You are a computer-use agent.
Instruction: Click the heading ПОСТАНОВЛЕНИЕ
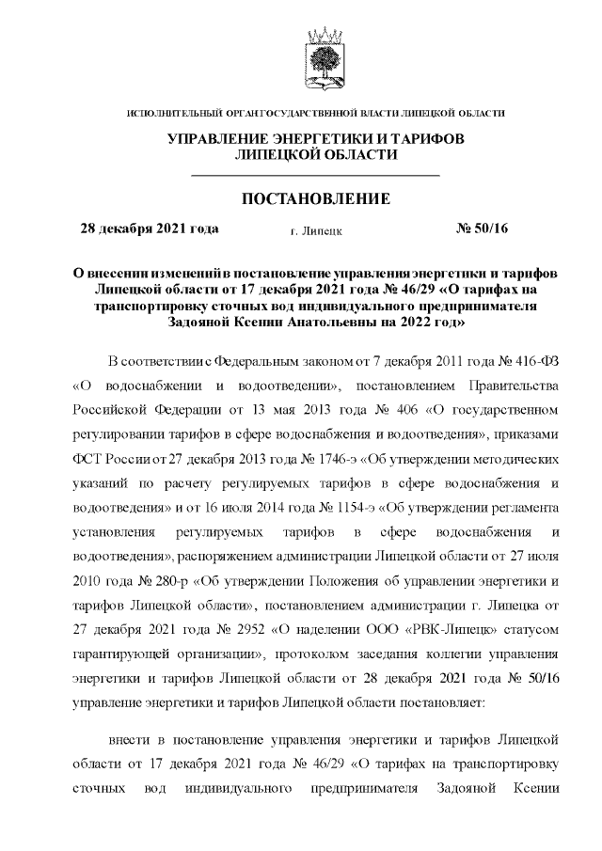click(x=316, y=199)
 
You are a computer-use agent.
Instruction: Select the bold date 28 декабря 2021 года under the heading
click(x=150, y=229)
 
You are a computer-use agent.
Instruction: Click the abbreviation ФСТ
click(x=87, y=461)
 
